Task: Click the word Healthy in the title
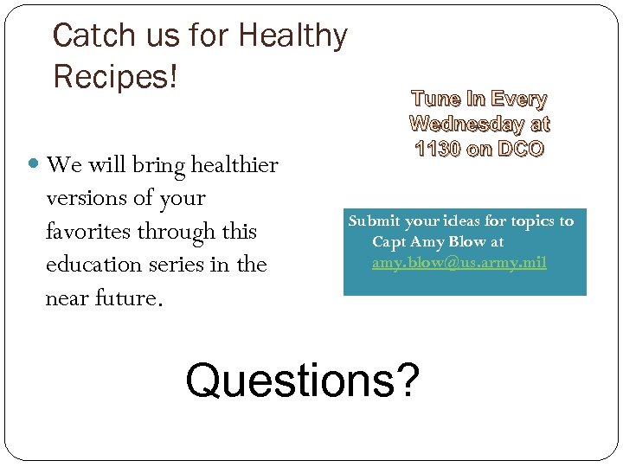292,36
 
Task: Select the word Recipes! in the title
115,77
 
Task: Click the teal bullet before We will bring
35,164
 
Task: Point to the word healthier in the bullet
234,164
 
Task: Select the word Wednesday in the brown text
466,125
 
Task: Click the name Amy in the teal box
429,242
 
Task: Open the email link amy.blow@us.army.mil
459,262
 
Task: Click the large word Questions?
302,381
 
